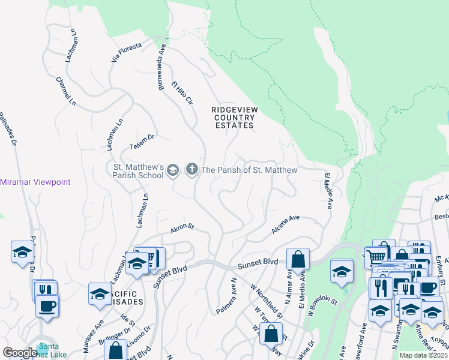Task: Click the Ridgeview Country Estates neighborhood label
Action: pos(234,118)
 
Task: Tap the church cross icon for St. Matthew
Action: pos(191,170)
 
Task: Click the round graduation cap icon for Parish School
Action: pos(173,170)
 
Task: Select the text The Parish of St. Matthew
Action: pos(249,170)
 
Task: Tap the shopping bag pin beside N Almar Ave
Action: pos(298,259)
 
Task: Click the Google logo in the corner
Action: pos(19,353)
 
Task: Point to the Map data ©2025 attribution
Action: pos(423,355)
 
